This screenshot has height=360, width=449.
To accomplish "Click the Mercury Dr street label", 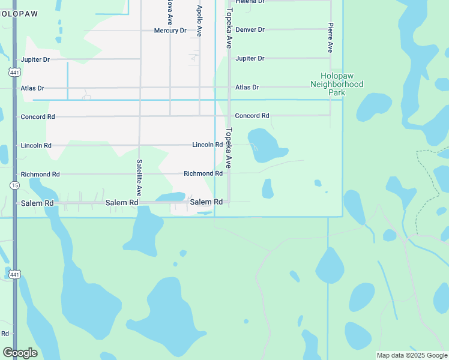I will [x=170, y=31].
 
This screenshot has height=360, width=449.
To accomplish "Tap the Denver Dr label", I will [x=250, y=29].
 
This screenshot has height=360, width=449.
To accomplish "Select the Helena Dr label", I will [x=250, y=2].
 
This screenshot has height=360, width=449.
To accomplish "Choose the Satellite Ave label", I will [x=139, y=178].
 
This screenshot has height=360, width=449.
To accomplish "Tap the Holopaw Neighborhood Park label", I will [x=337, y=85].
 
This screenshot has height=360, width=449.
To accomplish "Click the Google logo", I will [x=20, y=353].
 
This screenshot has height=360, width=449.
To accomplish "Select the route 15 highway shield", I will [x=14, y=186].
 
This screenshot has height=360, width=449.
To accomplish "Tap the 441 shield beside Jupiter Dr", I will [x=14, y=72].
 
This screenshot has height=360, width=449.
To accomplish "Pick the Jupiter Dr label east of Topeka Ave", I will [x=250, y=58].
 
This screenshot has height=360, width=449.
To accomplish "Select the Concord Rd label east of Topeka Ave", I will [x=252, y=115].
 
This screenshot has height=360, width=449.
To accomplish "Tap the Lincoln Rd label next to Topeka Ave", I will [x=208, y=145].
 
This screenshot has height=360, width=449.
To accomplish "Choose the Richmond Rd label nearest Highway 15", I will [x=40, y=174].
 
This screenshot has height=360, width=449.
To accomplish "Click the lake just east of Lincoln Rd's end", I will [x=264, y=146].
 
